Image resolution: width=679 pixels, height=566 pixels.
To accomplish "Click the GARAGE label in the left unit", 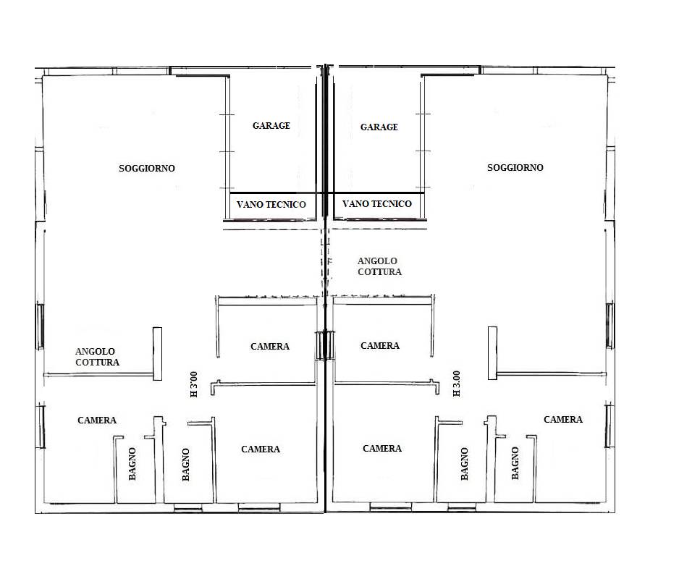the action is (271, 126).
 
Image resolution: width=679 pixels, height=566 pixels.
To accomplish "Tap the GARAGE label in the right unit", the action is (379, 127).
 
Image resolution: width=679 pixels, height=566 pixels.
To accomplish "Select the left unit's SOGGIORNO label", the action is (147, 168).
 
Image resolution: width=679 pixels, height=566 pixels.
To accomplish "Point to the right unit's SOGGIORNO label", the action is (515, 168).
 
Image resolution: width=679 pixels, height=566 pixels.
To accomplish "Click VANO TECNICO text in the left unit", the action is (271, 204).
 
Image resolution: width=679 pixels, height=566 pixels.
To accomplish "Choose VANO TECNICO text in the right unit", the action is (376, 203).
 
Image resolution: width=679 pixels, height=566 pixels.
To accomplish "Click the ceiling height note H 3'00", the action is (193, 384).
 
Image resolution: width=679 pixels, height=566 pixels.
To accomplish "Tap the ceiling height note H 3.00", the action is (457, 384).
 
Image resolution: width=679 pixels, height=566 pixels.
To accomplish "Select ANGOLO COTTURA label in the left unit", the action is (97, 357).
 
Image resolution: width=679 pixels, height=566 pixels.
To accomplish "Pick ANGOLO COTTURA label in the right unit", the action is (379, 266).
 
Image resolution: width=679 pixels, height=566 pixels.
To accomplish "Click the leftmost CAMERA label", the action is (97, 420).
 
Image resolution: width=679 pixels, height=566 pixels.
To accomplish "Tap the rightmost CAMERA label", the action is (563, 419).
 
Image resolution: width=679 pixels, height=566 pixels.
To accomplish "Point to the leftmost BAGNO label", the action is (132, 464).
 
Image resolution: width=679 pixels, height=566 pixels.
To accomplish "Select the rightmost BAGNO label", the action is (515, 463).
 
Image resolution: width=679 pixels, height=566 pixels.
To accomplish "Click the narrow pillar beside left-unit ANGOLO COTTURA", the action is (157, 354).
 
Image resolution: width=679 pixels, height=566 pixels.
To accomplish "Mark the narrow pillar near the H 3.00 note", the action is (492, 353).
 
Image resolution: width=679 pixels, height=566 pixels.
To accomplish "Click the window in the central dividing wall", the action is (325, 345).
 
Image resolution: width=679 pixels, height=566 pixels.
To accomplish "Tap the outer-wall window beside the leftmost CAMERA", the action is (42, 426).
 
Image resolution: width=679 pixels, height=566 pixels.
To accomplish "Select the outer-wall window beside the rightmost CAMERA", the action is (609, 424).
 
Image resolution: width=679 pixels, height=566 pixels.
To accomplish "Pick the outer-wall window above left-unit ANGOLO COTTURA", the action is (40, 326).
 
